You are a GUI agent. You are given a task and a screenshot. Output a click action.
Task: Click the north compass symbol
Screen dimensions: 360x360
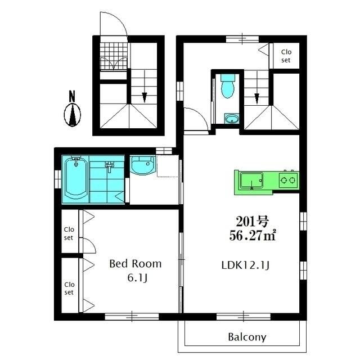tap(73, 115)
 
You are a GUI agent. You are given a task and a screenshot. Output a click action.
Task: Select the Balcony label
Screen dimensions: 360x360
tap(247, 337)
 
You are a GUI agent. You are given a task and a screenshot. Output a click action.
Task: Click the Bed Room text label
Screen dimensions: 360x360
tap(135, 263)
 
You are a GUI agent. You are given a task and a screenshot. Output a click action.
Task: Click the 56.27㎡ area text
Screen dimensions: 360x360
tap(252, 235)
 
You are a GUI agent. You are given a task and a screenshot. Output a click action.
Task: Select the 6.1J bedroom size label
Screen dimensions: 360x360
tap(136, 278)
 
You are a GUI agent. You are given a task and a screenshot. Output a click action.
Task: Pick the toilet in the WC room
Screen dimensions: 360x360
tap(228, 87)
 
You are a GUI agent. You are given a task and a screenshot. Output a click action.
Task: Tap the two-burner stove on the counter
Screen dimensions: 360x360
tap(289, 181)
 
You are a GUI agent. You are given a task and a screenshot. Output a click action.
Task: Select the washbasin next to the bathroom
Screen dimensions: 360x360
tap(142, 166)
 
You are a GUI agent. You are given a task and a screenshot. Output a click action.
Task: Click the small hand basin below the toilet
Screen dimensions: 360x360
tap(231, 119)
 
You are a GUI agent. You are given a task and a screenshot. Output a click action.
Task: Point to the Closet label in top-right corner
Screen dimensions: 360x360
tap(286, 56)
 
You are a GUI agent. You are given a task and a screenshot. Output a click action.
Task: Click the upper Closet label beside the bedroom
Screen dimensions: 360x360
tap(69, 233)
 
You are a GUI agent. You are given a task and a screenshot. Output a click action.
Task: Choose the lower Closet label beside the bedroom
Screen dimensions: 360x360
tap(69, 288)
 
